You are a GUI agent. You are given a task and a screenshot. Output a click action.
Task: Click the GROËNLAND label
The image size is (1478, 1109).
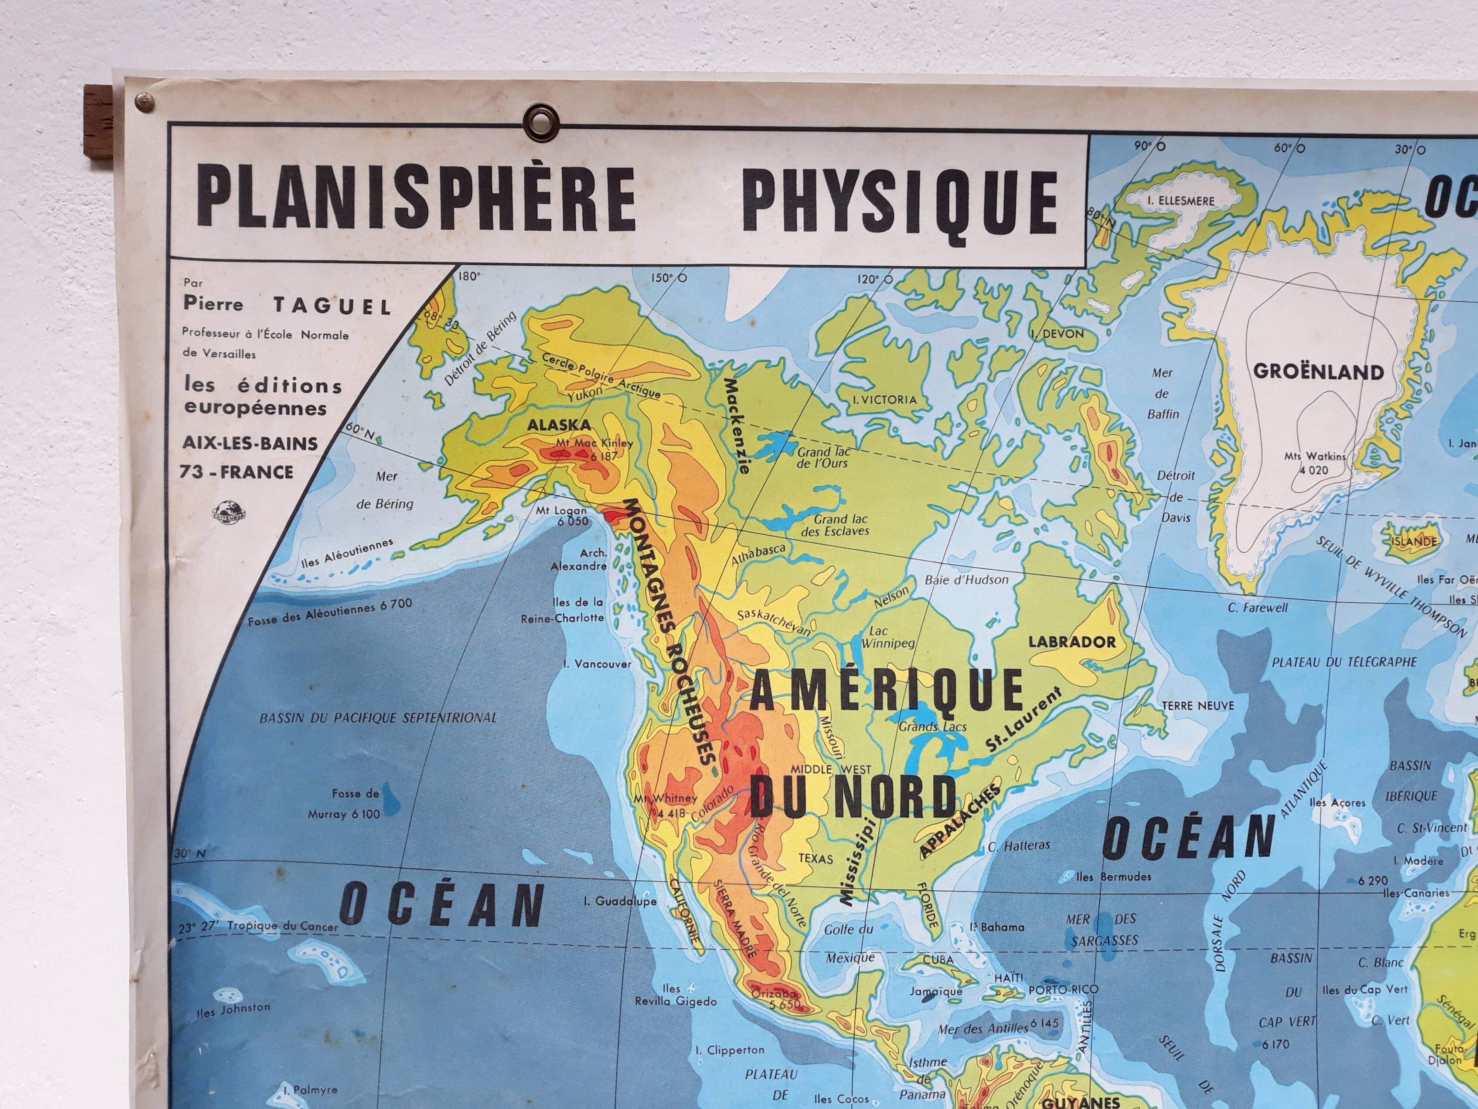[1318, 372]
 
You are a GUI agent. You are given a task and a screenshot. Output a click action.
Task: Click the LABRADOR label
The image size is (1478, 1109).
[1072, 642]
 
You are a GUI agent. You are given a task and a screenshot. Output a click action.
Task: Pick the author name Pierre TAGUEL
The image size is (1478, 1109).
[287, 305]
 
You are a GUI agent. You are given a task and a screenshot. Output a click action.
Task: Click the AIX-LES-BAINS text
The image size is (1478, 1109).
[251, 442]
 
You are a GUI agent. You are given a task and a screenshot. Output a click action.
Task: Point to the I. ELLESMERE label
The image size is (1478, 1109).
[1181, 200]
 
